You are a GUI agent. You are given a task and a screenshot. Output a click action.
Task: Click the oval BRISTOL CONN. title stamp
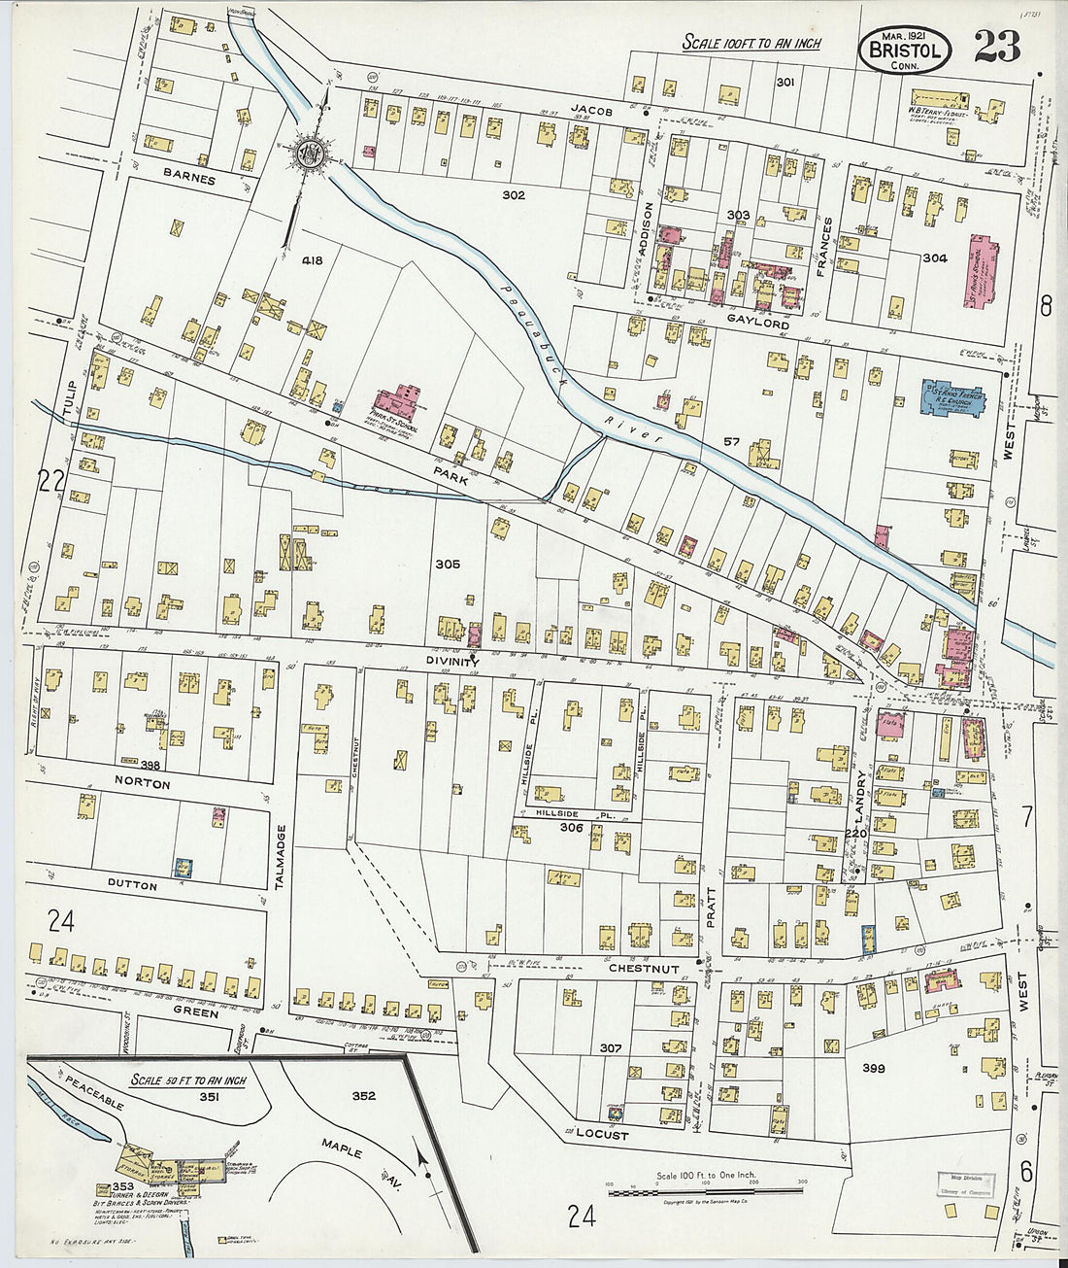pos(904,49)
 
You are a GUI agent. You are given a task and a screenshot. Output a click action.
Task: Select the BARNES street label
pos(189,178)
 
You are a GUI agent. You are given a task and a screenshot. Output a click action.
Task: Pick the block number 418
pos(312,260)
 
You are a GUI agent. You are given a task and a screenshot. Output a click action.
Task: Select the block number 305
pos(447,564)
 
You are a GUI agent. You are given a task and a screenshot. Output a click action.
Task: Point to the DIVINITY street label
pos(452,659)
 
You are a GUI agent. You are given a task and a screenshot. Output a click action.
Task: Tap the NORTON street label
pos(142,784)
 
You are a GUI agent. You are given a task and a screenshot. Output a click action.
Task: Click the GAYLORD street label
pos(758,324)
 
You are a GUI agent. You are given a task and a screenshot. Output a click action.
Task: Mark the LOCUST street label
pos(602,1134)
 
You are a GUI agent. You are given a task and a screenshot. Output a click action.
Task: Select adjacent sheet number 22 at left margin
pos(50,479)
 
